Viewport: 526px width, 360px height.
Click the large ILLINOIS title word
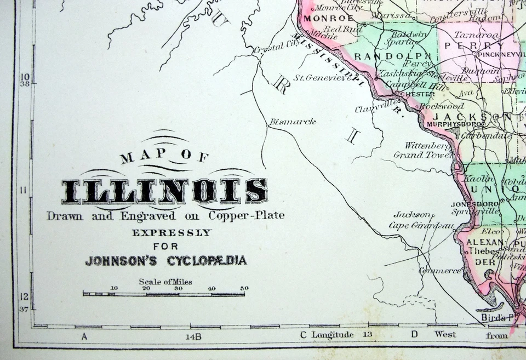(x=164, y=191)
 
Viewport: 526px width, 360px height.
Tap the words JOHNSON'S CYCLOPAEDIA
(x=166, y=260)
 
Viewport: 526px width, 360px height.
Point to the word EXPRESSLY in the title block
(x=171, y=232)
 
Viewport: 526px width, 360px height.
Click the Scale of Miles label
(x=165, y=282)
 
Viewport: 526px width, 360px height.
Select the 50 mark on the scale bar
(x=244, y=288)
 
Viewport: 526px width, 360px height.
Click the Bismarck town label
(x=292, y=122)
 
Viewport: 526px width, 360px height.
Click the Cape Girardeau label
(x=421, y=225)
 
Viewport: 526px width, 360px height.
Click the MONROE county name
(x=321, y=18)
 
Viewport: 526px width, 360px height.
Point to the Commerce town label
(x=439, y=271)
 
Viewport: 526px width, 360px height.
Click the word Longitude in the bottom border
(x=333, y=334)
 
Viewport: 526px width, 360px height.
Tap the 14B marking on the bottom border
(x=193, y=336)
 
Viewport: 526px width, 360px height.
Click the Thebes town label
(x=480, y=251)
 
